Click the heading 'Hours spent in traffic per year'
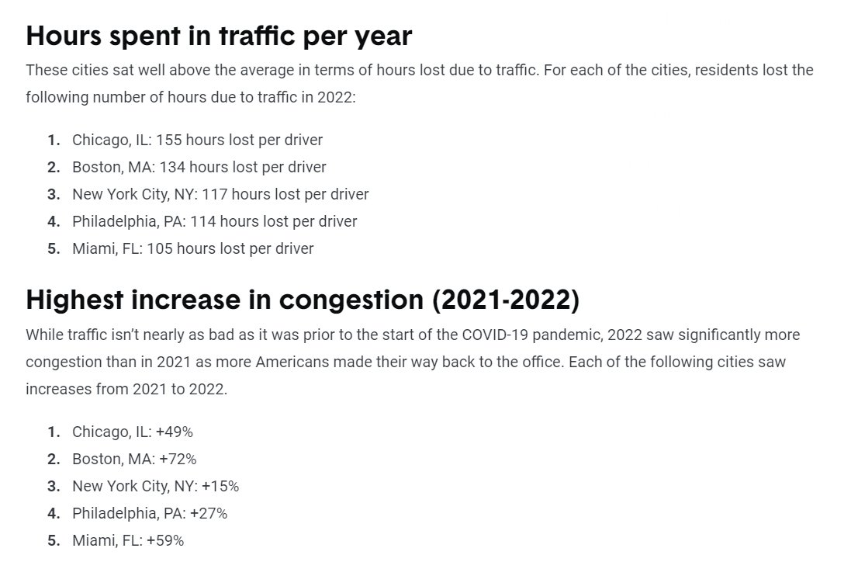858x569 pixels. click(218, 36)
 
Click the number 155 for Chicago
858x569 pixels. click(168, 141)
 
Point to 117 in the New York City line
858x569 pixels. click(214, 195)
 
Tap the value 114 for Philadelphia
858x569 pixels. click(202, 222)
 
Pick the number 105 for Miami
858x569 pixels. click(159, 249)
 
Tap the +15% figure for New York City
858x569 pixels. click(220, 487)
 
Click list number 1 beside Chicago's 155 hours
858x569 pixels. click(54, 141)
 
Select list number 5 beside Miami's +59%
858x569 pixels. click(54, 541)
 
